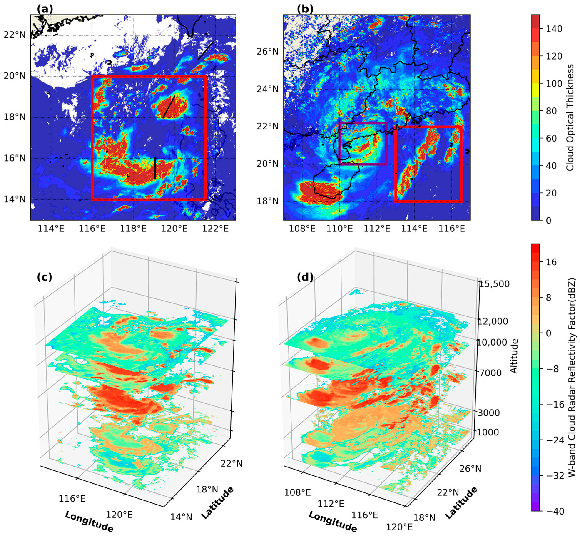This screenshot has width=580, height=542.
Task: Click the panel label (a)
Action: [45, 10]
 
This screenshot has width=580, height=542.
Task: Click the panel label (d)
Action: [305, 277]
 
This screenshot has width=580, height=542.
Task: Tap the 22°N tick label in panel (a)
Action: [15, 35]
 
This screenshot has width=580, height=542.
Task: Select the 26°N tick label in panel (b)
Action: [268, 52]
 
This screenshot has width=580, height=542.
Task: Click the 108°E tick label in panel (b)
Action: [302, 229]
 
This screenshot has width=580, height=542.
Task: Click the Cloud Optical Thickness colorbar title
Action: [570, 118]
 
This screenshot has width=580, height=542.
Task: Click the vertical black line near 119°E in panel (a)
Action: [155, 168]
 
